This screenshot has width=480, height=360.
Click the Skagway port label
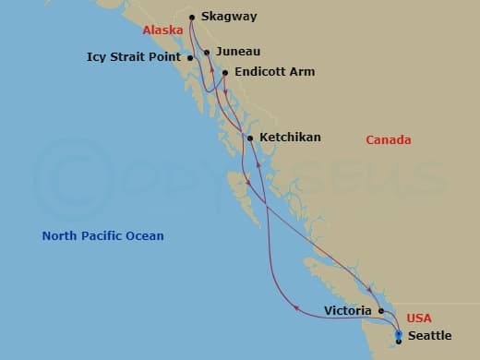(x=230, y=17)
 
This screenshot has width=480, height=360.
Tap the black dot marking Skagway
(x=192, y=17)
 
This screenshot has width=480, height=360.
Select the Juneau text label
(x=238, y=53)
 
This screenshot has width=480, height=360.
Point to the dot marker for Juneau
(x=207, y=53)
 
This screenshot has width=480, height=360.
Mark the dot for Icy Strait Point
(x=190, y=58)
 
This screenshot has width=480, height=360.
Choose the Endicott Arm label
(x=274, y=71)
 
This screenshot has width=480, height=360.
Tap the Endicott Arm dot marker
(x=225, y=71)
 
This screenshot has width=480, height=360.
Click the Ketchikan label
(x=290, y=138)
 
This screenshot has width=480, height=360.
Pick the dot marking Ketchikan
(x=249, y=138)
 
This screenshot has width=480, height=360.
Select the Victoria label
(x=348, y=311)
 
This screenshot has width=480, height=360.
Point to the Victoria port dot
(x=381, y=311)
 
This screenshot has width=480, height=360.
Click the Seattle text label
(x=429, y=336)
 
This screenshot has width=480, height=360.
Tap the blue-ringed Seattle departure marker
(x=399, y=334)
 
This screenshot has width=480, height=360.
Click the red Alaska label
(x=162, y=30)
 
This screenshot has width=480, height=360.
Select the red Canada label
(x=388, y=140)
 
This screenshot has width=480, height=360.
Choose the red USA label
(x=418, y=318)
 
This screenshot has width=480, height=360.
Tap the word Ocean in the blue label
(x=146, y=236)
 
